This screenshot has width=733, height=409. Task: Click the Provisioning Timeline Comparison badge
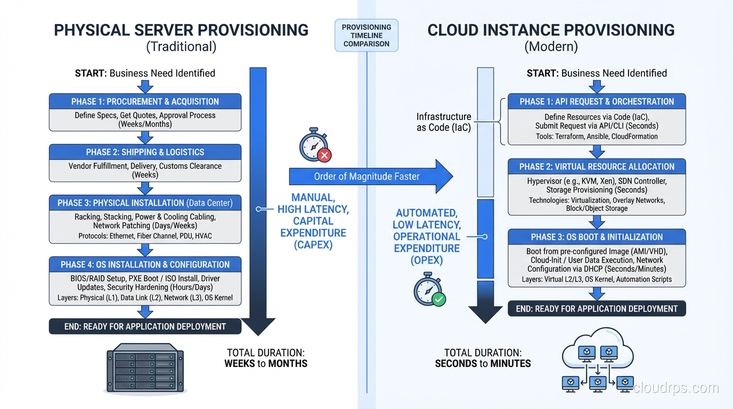[366, 36]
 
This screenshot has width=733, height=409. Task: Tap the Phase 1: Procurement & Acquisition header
[145, 102]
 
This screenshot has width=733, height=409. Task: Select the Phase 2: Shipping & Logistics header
[145, 152]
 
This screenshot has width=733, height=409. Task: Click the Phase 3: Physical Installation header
[145, 203]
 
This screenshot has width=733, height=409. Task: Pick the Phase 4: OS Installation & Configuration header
[145, 265]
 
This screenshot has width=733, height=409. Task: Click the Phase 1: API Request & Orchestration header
[597, 102]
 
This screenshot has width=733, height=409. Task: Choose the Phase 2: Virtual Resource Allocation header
[597, 167]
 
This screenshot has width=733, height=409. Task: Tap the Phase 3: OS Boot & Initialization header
[597, 237]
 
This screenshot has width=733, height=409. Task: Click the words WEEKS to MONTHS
[266, 364]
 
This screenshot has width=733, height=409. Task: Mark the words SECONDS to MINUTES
[483, 364]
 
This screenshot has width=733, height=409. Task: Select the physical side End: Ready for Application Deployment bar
[145, 326]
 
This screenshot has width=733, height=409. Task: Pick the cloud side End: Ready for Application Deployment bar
[597, 309]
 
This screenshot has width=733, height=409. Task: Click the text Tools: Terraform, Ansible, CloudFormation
[597, 136]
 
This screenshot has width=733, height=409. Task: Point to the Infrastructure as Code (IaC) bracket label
[444, 122]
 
